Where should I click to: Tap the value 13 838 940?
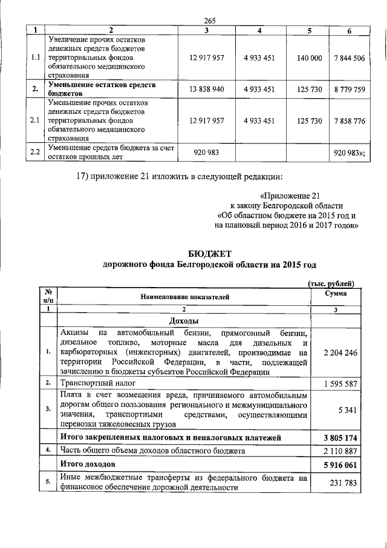(206, 89)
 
